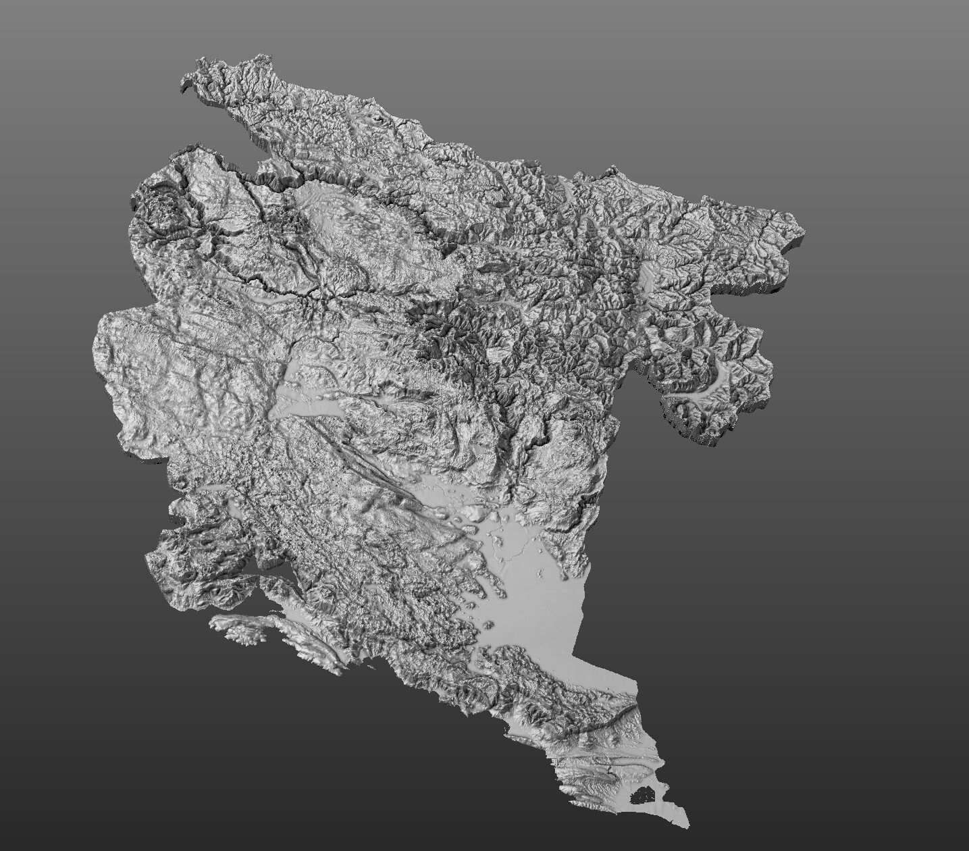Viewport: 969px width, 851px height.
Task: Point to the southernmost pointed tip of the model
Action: (685, 825)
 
